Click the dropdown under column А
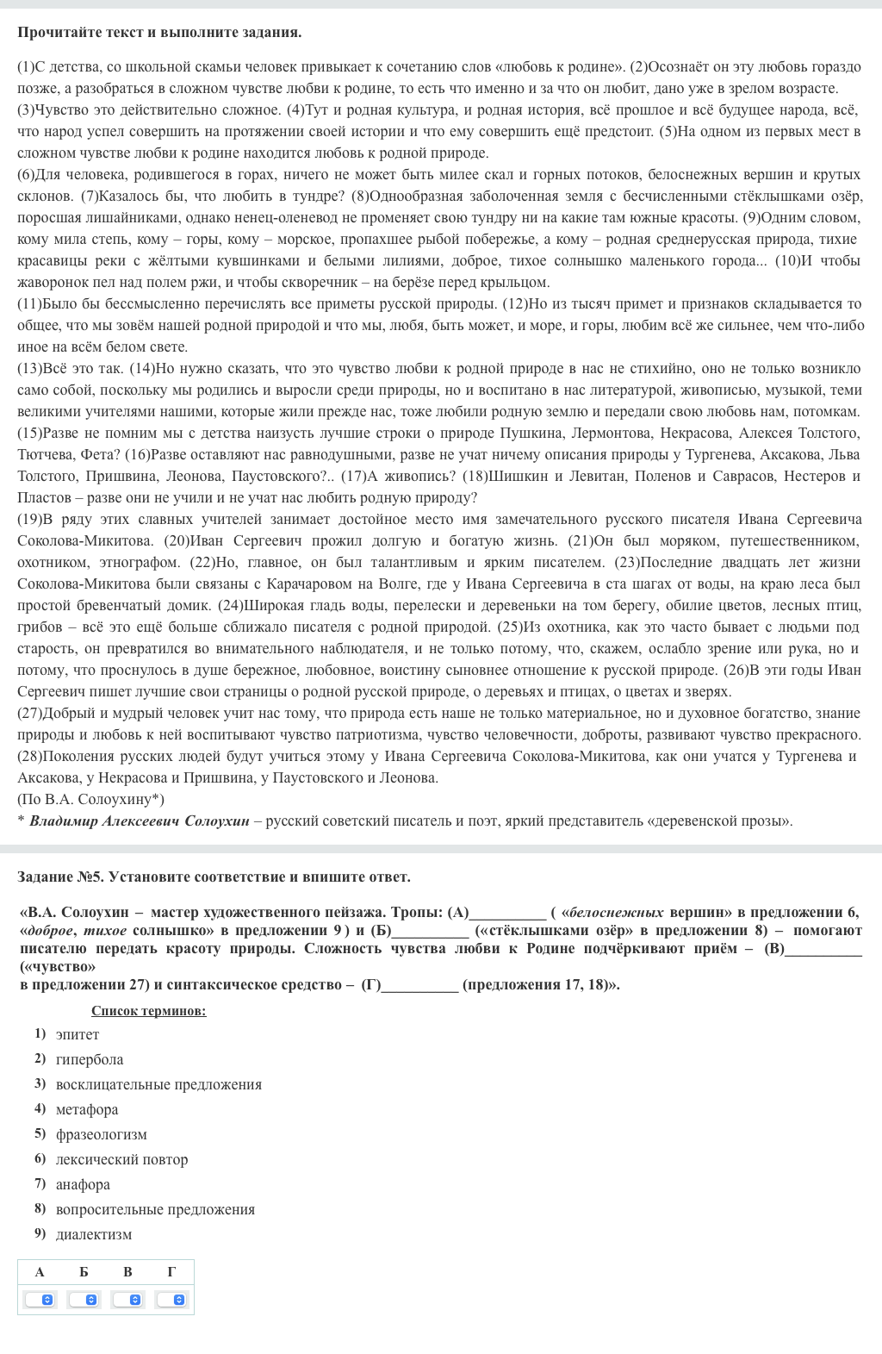(40, 1299)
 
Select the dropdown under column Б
(84, 1299)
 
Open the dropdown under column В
(128, 1299)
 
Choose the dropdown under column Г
(172, 1299)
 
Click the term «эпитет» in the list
(78, 1034)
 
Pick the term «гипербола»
(90, 1059)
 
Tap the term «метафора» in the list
(87, 1109)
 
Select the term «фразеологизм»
(102, 1134)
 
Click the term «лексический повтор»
(121, 1159)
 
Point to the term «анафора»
(83, 1184)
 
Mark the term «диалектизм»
(94, 1234)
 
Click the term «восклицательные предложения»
(158, 1084)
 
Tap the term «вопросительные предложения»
(155, 1209)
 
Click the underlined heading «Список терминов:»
(148, 1011)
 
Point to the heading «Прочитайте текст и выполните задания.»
(159, 33)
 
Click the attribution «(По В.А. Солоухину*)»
(90, 799)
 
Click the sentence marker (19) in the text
(29, 519)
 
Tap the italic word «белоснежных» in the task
(612, 912)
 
